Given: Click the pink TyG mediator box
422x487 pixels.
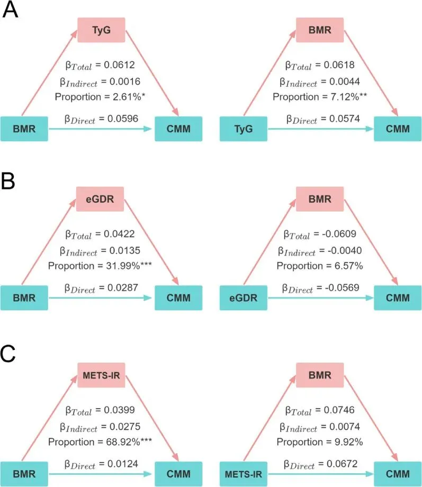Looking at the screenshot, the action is pyautogui.click(x=101, y=30).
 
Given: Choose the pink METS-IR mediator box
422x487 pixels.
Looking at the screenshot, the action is pyautogui.click(x=101, y=375).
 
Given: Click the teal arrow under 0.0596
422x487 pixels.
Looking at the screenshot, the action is pyautogui.click(x=101, y=128).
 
